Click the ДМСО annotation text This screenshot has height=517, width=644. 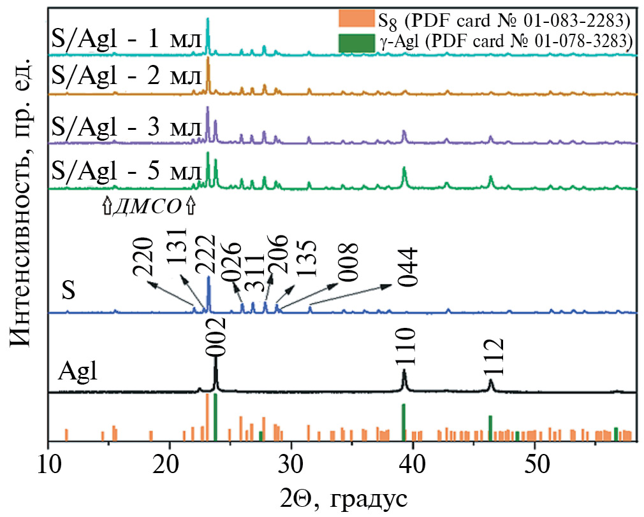148,207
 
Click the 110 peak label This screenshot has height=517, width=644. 405,347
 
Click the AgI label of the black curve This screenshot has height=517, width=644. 78,371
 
